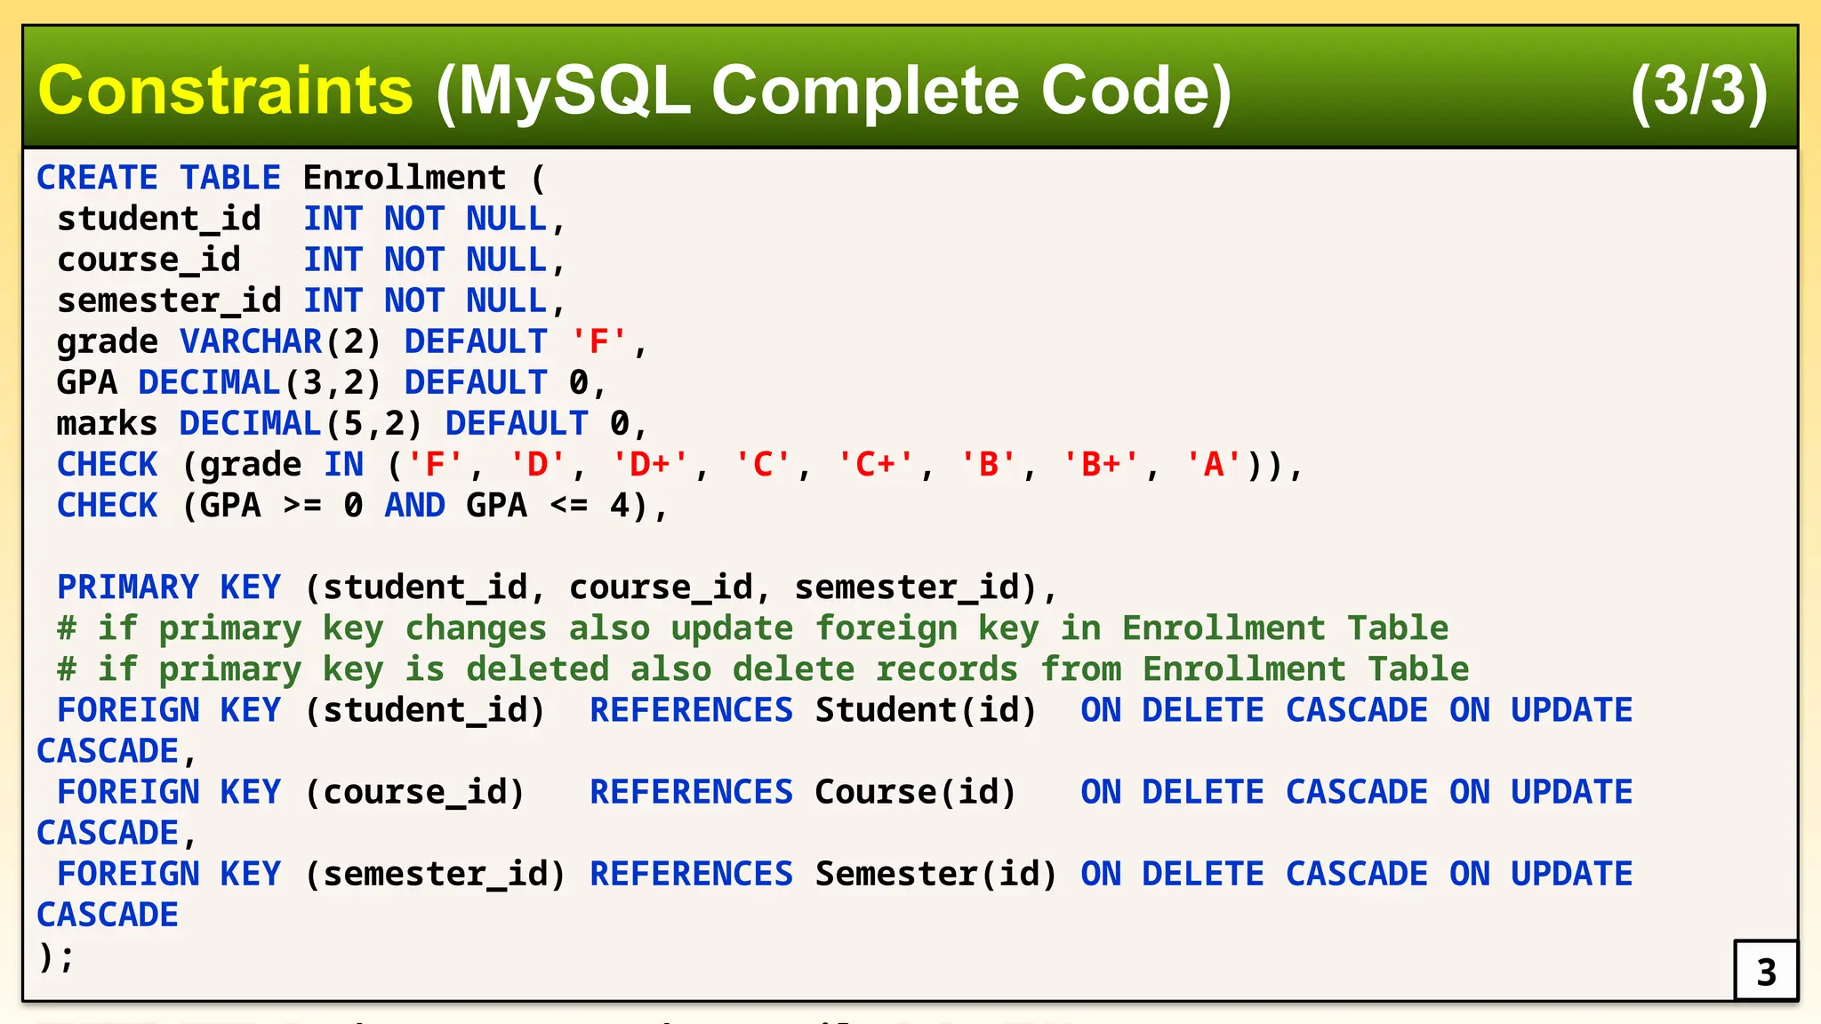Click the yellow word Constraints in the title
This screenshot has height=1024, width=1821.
coord(225,91)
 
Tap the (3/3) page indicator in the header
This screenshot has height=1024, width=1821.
coord(1698,91)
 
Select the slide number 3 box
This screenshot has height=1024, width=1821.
coord(1765,971)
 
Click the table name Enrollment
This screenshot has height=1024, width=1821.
coord(404,178)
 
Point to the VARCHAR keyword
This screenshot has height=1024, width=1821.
coord(251,341)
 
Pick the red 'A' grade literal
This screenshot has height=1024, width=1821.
coord(1214,464)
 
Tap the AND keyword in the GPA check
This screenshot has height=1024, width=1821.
coord(414,505)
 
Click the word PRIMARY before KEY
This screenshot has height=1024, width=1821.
coord(128,587)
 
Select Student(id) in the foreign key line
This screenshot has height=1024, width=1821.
coord(926,709)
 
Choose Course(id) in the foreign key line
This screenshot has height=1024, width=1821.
coord(915,791)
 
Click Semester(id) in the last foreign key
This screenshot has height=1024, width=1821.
coord(935,873)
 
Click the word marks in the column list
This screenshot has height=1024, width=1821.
coord(107,423)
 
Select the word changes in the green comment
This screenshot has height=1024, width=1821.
coord(476,628)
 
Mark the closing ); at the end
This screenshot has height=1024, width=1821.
coord(55,956)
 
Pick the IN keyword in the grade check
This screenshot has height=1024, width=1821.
coord(343,464)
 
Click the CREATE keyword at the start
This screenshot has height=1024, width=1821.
coord(97,178)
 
